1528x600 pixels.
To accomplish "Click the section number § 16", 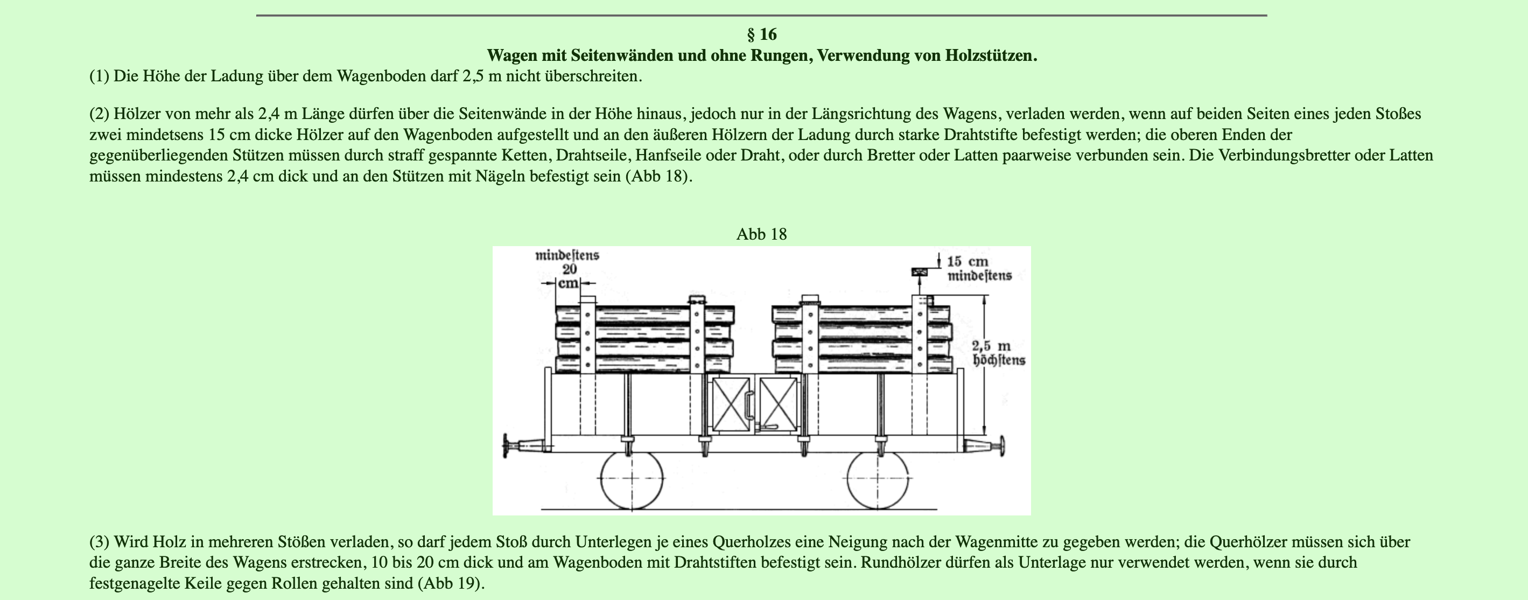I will coord(762,34).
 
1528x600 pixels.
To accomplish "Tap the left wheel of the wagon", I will coord(631,478).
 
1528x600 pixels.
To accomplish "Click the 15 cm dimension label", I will coord(968,262).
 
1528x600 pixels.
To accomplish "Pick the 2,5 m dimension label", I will coord(991,346).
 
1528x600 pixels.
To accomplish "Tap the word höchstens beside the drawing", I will coord(999,360).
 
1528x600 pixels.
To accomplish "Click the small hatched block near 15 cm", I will coord(920,273).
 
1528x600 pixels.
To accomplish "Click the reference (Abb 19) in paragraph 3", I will coord(451,583).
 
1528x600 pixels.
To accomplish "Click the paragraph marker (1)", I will coord(99,76).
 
